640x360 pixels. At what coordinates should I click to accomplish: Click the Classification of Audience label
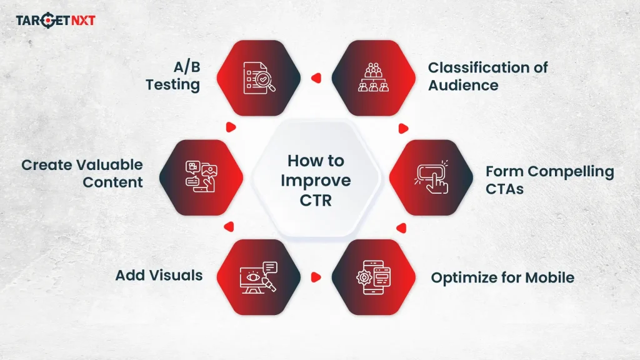(487, 76)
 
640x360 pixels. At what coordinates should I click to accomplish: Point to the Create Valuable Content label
(82, 174)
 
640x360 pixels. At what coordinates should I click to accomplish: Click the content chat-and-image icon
(201, 177)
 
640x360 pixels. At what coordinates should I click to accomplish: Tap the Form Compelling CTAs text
(549, 180)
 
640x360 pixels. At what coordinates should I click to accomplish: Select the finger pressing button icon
(432, 177)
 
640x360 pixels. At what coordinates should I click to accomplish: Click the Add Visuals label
(159, 275)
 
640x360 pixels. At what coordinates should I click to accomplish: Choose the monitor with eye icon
(258, 277)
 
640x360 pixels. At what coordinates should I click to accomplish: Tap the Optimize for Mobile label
(502, 277)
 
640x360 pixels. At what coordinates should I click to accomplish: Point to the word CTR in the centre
(316, 201)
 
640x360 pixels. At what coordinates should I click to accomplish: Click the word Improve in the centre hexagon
(316, 181)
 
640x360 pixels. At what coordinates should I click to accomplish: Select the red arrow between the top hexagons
(316, 79)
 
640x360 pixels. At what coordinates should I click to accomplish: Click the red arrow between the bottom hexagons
(316, 276)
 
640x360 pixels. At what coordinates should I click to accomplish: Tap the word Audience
(463, 85)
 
